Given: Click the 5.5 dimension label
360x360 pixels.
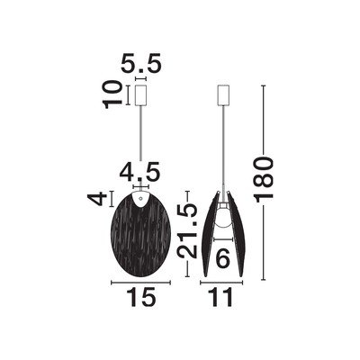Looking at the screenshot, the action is click(x=141, y=63).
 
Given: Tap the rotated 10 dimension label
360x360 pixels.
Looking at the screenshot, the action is click(x=112, y=94).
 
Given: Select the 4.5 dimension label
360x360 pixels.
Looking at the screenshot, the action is click(x=139, y=172).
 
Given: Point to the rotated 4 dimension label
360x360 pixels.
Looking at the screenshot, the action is click(x=97, y=199).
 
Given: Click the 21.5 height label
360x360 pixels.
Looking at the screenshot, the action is click(x=187, y=231).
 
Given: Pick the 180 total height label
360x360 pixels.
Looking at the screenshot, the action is click(x=264, y=179).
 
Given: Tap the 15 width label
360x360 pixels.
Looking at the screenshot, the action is click(x=141, y=297).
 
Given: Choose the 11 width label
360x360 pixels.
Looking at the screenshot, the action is click(x=222, y=297).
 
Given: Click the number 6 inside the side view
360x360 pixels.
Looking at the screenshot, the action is click(x=223, y=257).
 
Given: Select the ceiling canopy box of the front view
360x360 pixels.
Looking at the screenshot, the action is click(x=140, y=95).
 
